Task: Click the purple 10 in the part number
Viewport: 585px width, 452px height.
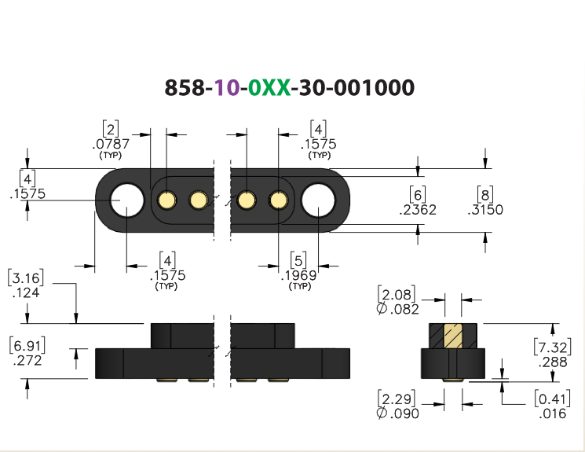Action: point(227,87)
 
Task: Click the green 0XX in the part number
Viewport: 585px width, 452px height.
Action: point(269,87)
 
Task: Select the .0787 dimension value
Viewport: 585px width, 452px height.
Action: point(111,144)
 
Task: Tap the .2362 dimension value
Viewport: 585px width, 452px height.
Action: point(418,210)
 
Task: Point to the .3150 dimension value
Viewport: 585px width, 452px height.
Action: point(485,210)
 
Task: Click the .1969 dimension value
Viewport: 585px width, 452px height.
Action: point(299,275)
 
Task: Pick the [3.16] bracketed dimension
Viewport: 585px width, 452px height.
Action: point(25,277)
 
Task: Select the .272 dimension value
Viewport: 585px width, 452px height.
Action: point(27,361)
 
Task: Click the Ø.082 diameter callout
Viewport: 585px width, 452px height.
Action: point(397,309)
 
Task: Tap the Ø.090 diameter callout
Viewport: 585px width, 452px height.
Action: point(397,413)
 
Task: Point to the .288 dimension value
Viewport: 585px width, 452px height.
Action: point(553,362)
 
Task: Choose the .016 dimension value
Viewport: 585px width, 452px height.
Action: point(553,413)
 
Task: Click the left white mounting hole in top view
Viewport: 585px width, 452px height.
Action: point(127,200)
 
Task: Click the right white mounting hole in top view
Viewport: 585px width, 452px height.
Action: point(318,200)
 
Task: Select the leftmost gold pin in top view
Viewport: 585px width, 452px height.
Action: point(166,200)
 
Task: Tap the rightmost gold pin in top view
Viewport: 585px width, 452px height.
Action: point(278,200)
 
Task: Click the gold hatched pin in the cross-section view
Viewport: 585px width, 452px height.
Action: point(453,336)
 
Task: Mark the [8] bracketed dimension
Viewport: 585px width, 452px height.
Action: point(485,194)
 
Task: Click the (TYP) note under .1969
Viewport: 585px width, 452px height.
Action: point(300,286)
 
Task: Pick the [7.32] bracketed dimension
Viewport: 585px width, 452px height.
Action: point(553,347)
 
